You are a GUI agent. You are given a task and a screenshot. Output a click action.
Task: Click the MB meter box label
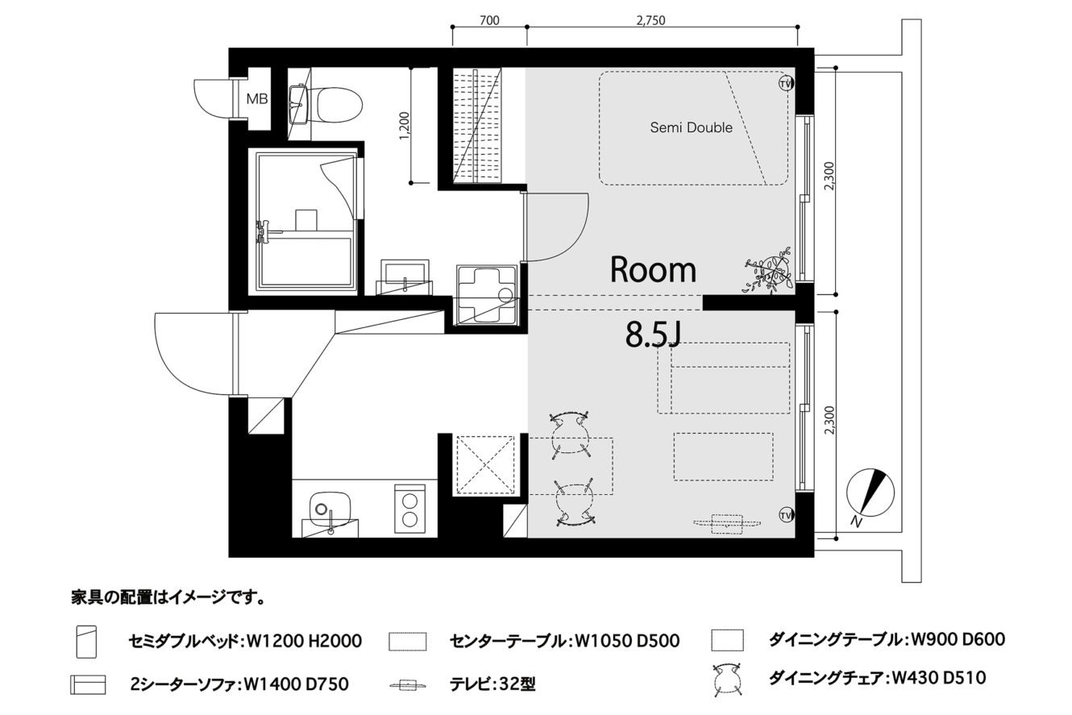(257, 99)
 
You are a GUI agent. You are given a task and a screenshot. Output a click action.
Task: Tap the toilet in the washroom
(339, 104)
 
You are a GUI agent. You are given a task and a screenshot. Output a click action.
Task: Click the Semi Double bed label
(691, 127)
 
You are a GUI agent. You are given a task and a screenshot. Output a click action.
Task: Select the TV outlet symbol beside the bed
(785, 83)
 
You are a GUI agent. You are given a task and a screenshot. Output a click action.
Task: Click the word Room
(653, 270)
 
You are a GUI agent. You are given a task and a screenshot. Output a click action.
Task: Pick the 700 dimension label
(489, 20)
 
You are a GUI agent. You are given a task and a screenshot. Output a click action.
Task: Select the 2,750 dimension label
(651, 20)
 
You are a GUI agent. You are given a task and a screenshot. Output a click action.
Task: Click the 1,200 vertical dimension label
(405, 127)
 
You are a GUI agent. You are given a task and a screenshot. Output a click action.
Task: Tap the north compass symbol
(869, 493)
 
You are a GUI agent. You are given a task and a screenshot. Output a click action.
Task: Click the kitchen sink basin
(330, 509)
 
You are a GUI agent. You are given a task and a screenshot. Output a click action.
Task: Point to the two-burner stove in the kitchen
(409, 509)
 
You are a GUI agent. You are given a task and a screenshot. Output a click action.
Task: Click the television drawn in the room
(726, 524)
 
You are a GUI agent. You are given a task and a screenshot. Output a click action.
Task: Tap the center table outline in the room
(724, 456)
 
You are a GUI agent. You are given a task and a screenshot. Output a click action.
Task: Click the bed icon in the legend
(86, 642)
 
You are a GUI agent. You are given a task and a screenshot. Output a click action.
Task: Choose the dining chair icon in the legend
(727, 679)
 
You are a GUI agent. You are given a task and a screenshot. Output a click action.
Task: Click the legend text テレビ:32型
(492, 684)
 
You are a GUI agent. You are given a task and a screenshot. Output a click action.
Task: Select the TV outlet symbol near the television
(785, 515)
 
